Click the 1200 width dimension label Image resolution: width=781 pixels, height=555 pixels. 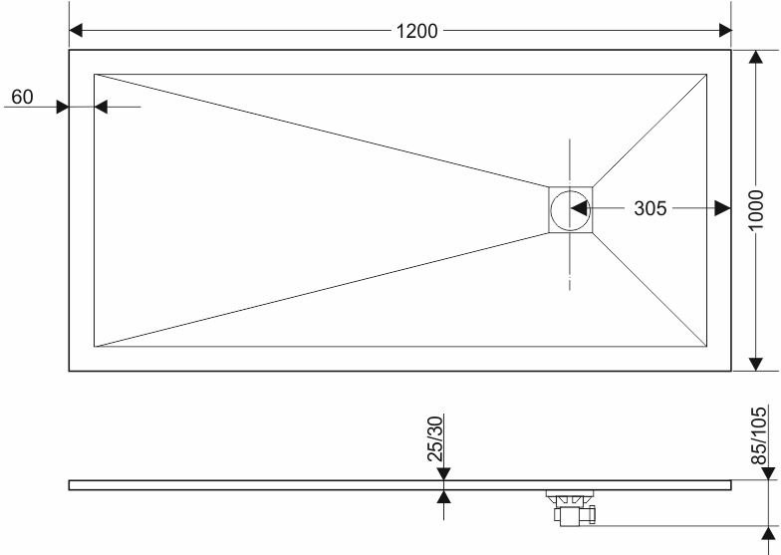click(x=416, y=31)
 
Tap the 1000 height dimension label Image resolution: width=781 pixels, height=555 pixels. click(x=755, y=209)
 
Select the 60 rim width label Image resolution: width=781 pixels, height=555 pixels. click(x=22, y=97)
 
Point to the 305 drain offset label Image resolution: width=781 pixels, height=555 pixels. click(x=650, y=208)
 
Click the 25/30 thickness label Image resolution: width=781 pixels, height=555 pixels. click(x=434, y=438)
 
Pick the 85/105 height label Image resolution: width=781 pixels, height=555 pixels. click(x=759, y=435)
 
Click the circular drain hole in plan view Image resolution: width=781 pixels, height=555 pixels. click(x=570, y=209)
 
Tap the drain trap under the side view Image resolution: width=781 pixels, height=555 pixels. click(x=571, y=508)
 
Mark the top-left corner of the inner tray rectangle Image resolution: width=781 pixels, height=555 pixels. click(x=94, y=74)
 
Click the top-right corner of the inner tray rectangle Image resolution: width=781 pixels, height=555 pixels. click(x=707, y=74)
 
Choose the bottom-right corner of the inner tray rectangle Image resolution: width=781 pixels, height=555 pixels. click(x=707, y=347)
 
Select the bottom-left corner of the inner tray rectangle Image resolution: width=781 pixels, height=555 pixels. click(x=94, y=347)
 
